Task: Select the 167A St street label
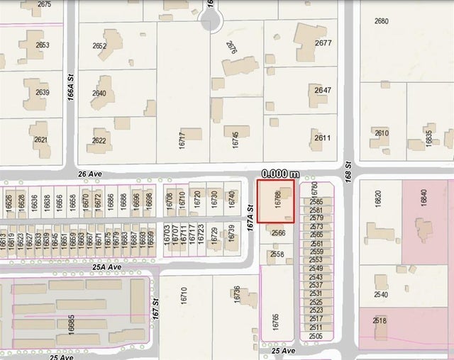tap(250, 213)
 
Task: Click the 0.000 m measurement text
tap(280, 174)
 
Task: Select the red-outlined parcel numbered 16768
tap(275, 201)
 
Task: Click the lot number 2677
tap(323, 43)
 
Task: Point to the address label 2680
tap(382, 21)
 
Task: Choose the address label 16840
tap(423, 198)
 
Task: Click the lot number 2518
tap(380, 320)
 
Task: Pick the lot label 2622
tap(99, 141)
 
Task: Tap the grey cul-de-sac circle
tap(211, 22)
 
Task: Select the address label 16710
tap(183, 296)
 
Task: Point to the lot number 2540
tap(381, 295)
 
